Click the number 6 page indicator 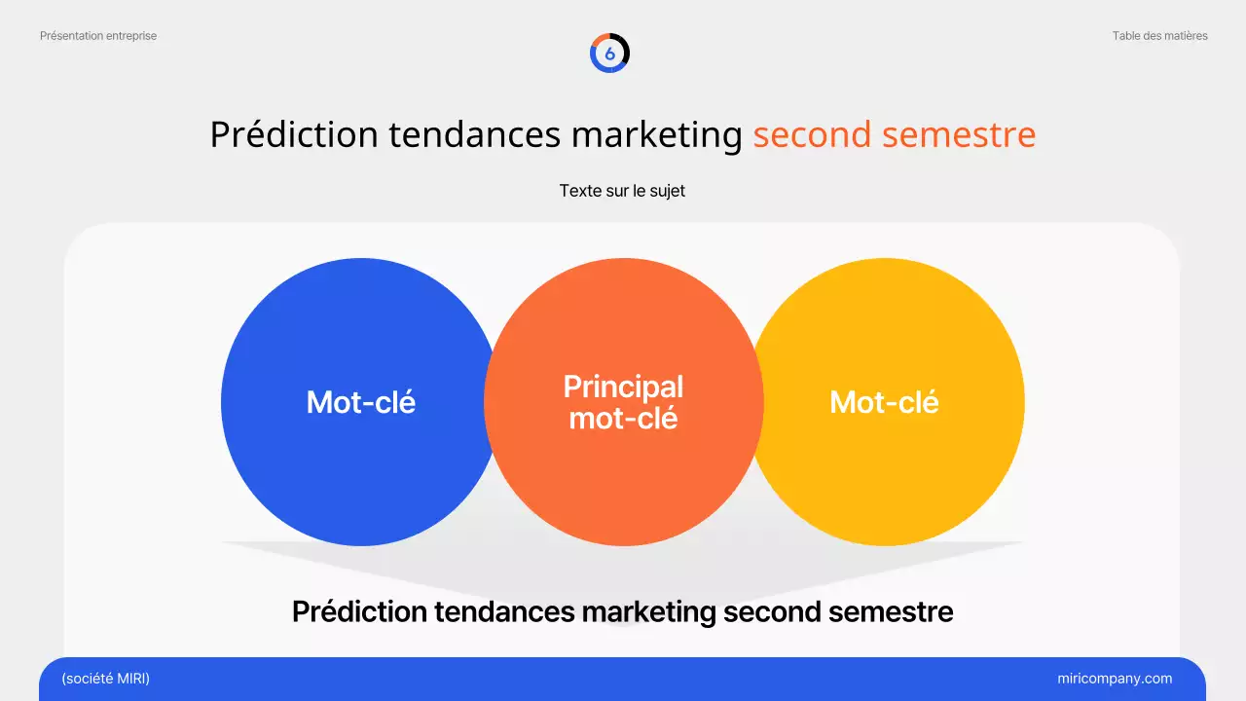click(610, 54)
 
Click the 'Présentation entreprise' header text click(98, 36)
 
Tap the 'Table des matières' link click(1159, 36)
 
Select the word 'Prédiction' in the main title click(294, 134)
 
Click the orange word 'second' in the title click(812, 134)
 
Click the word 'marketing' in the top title click(657, 134)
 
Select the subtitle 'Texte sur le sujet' click(622, 191)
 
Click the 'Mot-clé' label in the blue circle click(361, 402)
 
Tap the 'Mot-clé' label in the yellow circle click(884, 402)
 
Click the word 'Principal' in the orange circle click(623, 387)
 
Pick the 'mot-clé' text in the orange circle click(623, 418)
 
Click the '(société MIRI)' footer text click(105, 679)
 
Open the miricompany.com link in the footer click(1115, 679)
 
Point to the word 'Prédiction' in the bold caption click(359, 611)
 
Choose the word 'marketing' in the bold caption click(648, 611)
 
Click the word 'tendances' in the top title click(474, 134)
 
